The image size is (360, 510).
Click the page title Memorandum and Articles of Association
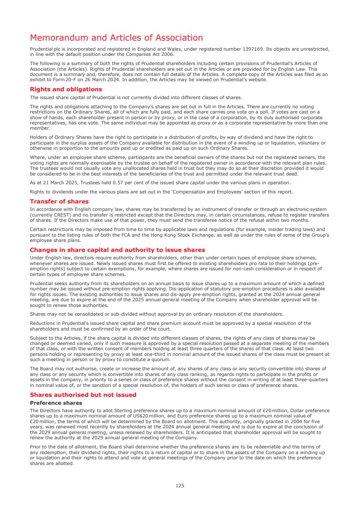(x=116, y=38)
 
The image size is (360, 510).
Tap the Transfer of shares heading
(x=59, y=201)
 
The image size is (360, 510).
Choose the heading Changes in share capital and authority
(x=117, y=250)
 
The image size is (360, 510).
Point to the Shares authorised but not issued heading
(x=83, y=395)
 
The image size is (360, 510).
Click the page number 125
(x=180, y=485)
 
